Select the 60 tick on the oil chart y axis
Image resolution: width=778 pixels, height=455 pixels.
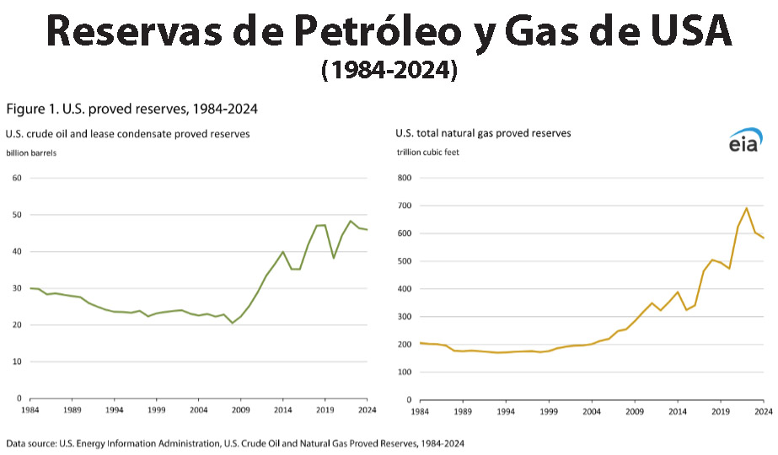(17, 178)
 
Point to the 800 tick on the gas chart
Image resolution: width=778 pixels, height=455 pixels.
(405, 178)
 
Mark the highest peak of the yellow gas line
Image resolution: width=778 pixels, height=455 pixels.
(746, 208)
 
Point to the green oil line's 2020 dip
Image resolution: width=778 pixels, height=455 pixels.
(334, 257)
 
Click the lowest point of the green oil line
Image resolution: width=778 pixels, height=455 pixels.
(233, 323)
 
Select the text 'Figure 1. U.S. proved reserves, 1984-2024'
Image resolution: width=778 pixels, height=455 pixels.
(131, 109)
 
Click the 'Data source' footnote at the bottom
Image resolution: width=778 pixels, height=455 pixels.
(235, 442)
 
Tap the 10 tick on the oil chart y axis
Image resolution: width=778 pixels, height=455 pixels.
(17, 361)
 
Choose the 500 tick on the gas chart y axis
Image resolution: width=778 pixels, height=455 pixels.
(405, 261)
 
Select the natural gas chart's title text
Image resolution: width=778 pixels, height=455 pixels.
(484, 133)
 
